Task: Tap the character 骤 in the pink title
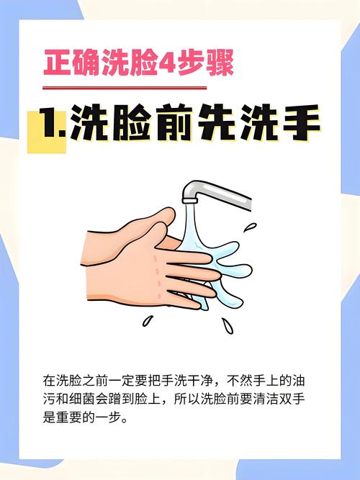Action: [x=220, y=63]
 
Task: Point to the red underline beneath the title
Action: [x=125, y=89]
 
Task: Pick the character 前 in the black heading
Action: [x=176, y=122]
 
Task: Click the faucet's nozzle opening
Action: [x=189, y=201]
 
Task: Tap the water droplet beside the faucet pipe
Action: [x=251, y=227]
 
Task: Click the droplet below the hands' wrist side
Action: [x=148, y=320]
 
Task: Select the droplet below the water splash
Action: [x=228, y=325]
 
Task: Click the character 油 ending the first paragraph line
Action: [x=298, y=381]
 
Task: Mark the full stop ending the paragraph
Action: [x=125, y=420]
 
